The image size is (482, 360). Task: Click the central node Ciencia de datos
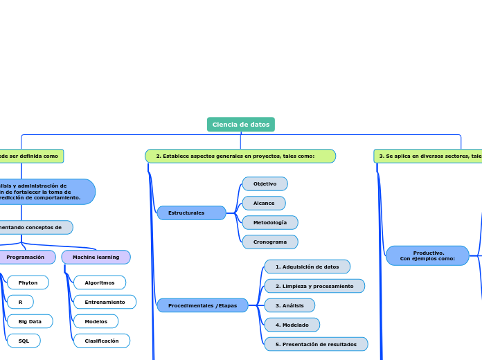(240, 125)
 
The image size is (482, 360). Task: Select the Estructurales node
(191, 213)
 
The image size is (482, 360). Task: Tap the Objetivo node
(265, 184)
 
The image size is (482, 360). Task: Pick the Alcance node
(264, 204)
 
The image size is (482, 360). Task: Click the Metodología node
(270, 223)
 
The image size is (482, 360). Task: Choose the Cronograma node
(270, 242)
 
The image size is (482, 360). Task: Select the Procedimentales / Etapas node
(202, 305)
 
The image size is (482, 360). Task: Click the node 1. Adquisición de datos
(307, 267)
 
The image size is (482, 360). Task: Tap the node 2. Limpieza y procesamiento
(314, 286)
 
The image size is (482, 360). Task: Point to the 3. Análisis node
(289, 305)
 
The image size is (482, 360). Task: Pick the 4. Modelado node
(292, 325)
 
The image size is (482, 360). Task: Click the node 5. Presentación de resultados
(316, 344)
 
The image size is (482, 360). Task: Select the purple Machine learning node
(96, 258)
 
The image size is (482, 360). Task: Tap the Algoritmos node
(100, 282)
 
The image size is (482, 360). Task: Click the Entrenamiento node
(105, 302)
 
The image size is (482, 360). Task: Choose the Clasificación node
(102, 341)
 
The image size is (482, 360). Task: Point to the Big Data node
(30, 321)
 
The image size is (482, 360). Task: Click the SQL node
(24, 341)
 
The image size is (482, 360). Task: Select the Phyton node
(28, 282)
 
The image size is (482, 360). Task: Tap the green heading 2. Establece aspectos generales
(240, 156)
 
